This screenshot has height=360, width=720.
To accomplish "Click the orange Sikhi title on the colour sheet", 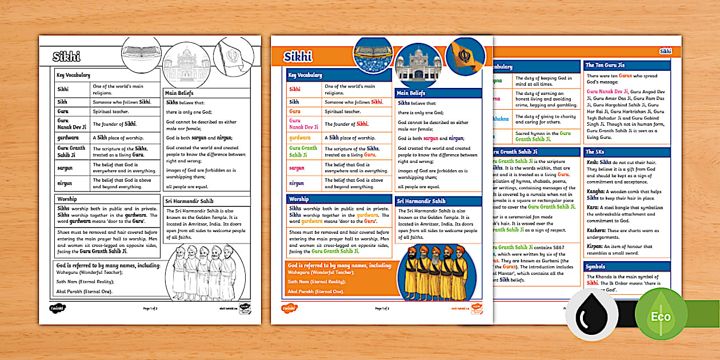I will pos(298,55).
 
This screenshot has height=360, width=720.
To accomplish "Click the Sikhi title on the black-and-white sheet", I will pos(67,56).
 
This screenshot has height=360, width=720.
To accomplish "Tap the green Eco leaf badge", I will pos(659,316).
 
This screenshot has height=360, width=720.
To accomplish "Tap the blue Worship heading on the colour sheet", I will pos(299,199).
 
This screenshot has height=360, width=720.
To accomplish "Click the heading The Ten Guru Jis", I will pos(605,65).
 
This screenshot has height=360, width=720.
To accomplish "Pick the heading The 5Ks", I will pos(594,151).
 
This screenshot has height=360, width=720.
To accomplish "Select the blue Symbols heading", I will pos(597,267).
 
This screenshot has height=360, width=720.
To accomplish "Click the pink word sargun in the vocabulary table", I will pos(297,168).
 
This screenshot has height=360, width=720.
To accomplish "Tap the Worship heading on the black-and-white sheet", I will pos(67,199).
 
